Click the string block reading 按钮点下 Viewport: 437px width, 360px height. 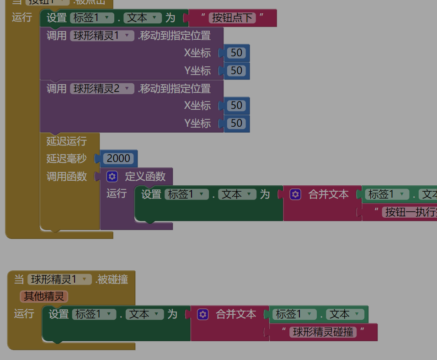232,18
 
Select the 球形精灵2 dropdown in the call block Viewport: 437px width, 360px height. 102,88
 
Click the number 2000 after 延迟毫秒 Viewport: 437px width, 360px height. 119,158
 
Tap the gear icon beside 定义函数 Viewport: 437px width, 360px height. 112,176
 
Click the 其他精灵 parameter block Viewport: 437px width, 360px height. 44,296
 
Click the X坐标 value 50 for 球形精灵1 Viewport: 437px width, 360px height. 236,53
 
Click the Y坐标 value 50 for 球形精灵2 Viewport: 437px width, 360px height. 236,124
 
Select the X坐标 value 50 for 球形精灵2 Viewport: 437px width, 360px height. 236,106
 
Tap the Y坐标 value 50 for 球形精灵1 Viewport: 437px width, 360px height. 236,71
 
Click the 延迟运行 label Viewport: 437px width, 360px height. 66,141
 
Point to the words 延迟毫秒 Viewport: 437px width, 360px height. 66,159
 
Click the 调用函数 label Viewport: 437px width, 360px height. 66,177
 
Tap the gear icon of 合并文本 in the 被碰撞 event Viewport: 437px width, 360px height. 203,314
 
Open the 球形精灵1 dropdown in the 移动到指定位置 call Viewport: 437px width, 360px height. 102,36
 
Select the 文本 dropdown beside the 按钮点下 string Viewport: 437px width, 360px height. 143,18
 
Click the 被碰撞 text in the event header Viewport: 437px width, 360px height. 112,279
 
